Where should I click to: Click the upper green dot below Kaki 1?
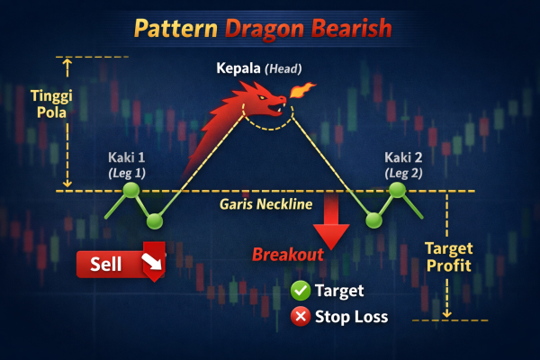[x=131, y=190]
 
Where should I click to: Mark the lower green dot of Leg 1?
[x=155, y=220]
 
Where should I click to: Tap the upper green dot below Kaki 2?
[x=397, y=190]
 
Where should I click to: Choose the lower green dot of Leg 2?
[x=373, y=220]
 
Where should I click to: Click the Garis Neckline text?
[x=265, y=204]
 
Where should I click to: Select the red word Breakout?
[x=287, y=255]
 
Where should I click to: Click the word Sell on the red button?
[x=105, y=264]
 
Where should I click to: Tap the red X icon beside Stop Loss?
[x=301, y=317]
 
